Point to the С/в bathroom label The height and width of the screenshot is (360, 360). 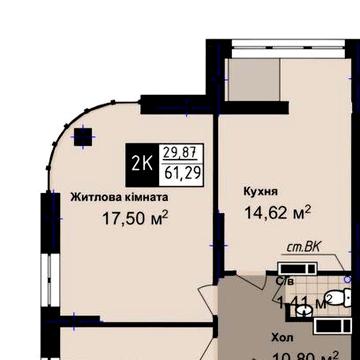coord(286,282)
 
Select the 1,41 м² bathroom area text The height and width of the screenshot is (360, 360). coord(304,299)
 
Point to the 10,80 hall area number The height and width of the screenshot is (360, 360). coord(290,355)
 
